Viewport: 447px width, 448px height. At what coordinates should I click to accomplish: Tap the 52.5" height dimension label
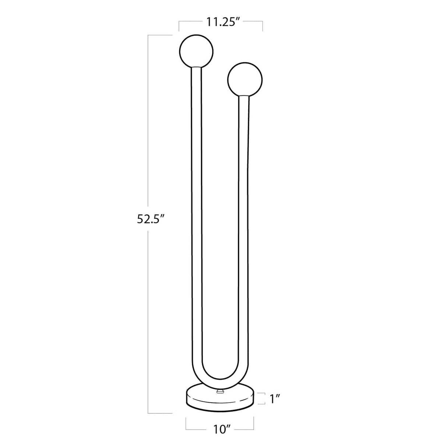click(x=150, y=219)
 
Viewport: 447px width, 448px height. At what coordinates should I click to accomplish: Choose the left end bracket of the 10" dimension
click(x=186, y=424)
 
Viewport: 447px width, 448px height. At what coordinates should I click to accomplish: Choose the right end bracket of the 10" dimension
click(x=254, y=424)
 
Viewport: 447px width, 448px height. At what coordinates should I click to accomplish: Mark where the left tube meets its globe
click(x=196, y=67)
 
